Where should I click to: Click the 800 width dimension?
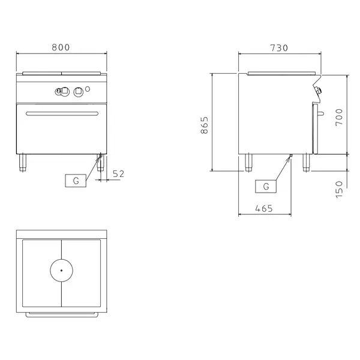pos(61,47)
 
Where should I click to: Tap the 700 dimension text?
pos(338,115)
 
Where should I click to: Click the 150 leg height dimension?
pos(338,190)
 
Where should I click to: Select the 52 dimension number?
pos(118,174)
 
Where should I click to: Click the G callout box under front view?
pos(76,180)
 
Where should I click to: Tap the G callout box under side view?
pos(266,186)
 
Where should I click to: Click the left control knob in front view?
pos(60,91)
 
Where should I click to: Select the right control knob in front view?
pos(77,91)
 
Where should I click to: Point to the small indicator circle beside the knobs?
pos(89,90)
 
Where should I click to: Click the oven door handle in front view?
pos(61,113)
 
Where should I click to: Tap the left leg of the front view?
pos(23,162)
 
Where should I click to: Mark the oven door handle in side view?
pos(322,113)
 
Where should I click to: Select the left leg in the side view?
pos(248,162)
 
